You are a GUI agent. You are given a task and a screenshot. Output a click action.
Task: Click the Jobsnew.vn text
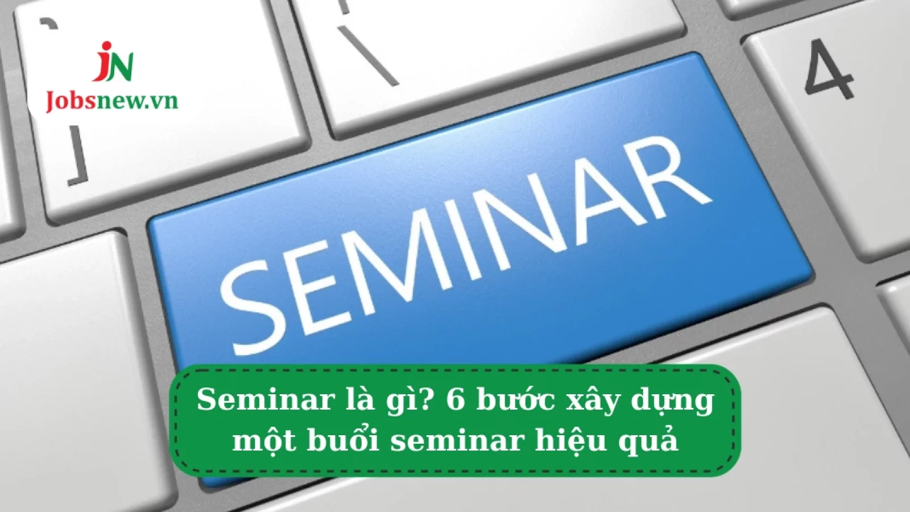pyautogui.click(x=112, y=101)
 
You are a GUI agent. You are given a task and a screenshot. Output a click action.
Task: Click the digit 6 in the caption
pyautogui.click(x=456, y=401)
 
